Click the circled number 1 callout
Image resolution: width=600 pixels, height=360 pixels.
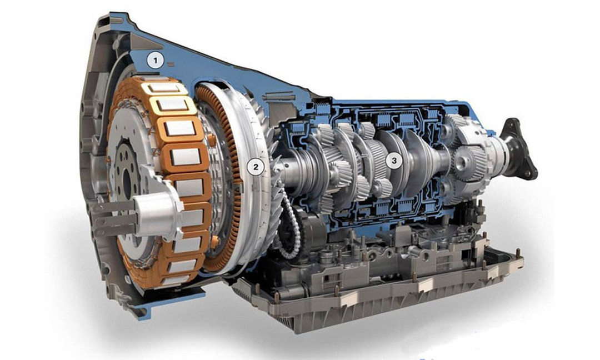[x=155, y=61]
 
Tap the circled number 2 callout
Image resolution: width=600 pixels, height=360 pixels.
[x=256, y=167]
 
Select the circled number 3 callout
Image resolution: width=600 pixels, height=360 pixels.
[x=394, y=161]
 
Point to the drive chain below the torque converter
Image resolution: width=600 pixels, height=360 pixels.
[x=288, y=226]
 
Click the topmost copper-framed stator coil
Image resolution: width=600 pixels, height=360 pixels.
[x=164, y=89]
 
